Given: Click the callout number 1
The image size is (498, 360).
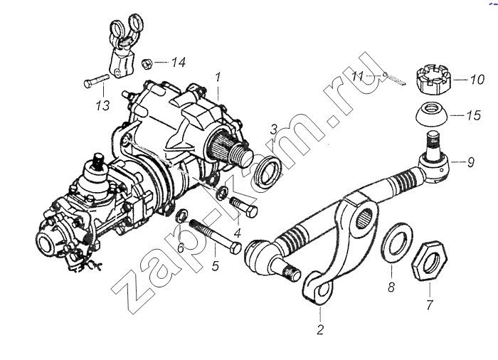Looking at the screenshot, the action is coord(218,78).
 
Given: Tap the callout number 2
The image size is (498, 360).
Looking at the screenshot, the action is coord(320,330).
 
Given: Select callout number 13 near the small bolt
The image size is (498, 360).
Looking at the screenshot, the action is coord(103,105).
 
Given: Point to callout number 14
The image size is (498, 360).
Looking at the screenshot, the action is coord(178,62).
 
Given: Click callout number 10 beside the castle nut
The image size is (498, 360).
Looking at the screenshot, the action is coord(477,79).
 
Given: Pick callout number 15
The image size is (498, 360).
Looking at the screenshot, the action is coord(474,115).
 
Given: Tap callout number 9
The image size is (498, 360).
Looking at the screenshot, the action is coord(471,162).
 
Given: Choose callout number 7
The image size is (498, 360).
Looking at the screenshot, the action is coord(430,305).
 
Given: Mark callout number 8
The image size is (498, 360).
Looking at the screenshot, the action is coord(391,287).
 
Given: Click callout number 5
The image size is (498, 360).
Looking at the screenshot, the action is coord(216,265).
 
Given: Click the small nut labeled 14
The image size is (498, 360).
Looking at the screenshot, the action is coord(147,63).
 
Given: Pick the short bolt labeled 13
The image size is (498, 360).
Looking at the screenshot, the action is coord(96,80).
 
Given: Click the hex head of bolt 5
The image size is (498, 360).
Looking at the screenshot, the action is coord(235,248).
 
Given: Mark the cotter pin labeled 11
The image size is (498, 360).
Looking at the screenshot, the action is coord(395,78).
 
